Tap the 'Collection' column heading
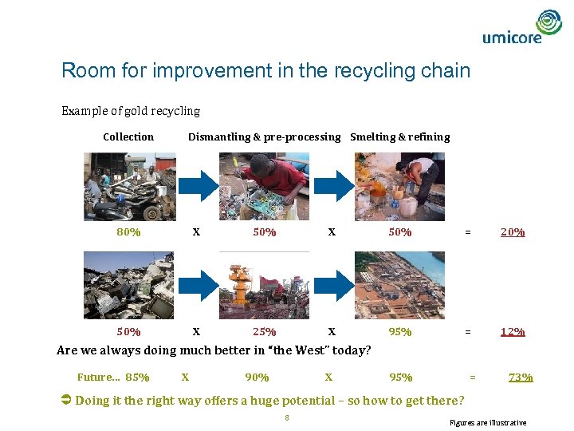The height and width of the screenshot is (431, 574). [x=128, y=136]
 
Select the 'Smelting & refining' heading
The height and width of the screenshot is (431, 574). [x=399, y=136]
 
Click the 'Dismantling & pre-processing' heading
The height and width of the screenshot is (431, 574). [x=264, y=136]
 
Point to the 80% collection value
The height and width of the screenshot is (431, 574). [x=128, y=232]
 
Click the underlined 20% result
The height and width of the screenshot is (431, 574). [x=512, y=232]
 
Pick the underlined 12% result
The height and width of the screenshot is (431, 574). [x=512, y=331]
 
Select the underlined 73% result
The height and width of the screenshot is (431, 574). [x=521, y=377]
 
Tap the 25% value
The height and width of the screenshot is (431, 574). [x=265, y=331]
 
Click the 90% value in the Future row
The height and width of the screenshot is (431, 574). [x=257, y=377]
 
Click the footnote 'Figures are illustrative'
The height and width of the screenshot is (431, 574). [x=488, y=422]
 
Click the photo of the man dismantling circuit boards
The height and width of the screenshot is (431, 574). [x=264, y=186]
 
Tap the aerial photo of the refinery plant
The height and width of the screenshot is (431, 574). [x=399, y=285]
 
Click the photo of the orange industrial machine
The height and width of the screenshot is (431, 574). [x=264, y=285]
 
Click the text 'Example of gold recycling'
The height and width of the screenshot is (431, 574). [x=131, y=111]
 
